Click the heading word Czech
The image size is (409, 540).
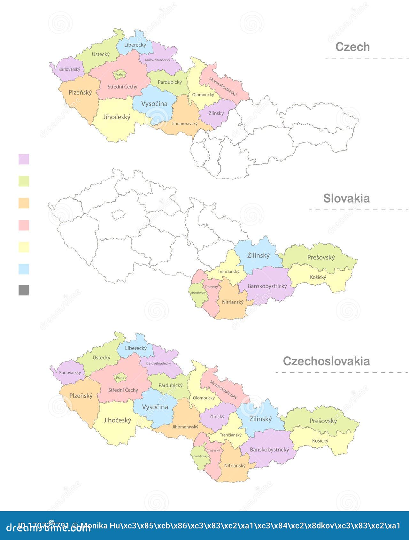click(352, 47)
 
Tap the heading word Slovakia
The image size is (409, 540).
click(346, 198)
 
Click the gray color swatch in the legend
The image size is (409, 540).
click(24, 290)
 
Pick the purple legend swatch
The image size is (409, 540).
click(24, 159)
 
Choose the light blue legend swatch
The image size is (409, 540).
click(24, 269)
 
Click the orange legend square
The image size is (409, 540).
click(24, 203)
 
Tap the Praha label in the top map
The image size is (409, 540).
click(120, 74)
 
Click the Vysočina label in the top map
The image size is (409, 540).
click(154, 104)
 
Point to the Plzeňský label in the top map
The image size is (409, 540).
click(80, 93)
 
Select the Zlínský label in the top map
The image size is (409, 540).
click(216, 113)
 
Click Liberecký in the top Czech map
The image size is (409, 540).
click(135, 45)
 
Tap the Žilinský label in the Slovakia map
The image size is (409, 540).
click(259, 256)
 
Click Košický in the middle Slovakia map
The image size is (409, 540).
click(318, 277)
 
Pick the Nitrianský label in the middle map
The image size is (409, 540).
click(233, 302)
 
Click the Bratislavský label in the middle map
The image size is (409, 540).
click(198, 293)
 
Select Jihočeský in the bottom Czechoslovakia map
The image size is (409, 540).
click(117, 420)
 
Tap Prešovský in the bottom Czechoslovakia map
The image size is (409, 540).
click(323, 421)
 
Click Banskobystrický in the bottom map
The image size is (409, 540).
click(269, 450)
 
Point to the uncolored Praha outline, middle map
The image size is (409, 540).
click(118, 215)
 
